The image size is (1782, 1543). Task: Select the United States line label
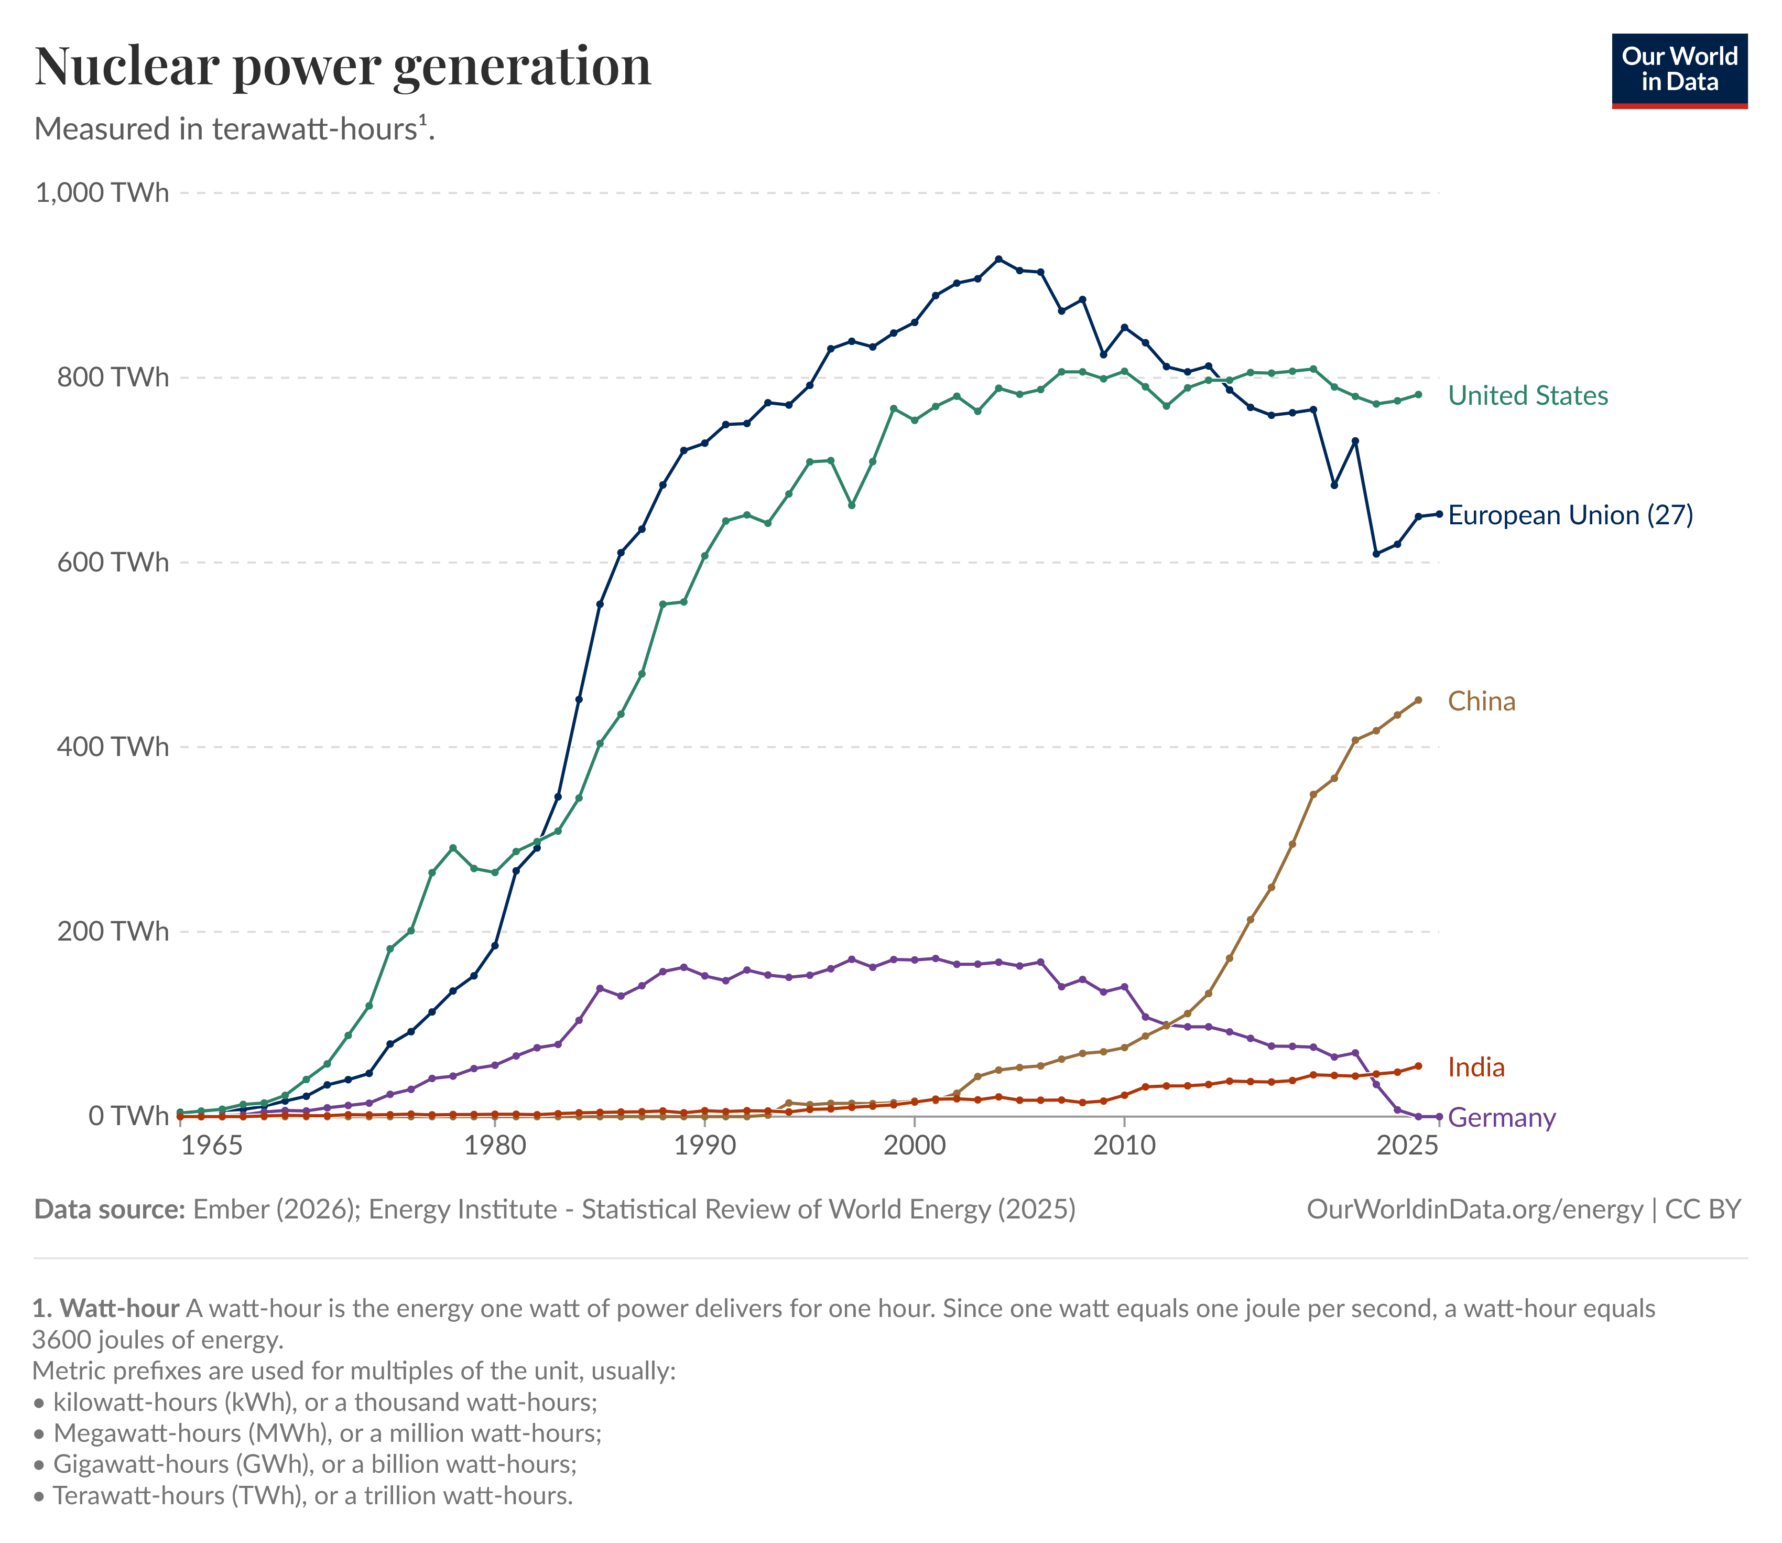(1527, 395)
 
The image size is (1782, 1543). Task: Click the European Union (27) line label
(1570, 515)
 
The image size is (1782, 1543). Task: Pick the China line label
(1481, 701)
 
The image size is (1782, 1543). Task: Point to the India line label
(1475, 1067)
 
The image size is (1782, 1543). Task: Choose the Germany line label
(1502, 1118)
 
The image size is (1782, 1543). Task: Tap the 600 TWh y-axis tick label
(113, 562)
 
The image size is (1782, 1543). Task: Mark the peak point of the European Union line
(998, 259)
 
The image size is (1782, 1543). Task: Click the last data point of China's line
(1418, 700)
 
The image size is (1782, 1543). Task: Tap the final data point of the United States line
(1418, 394)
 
